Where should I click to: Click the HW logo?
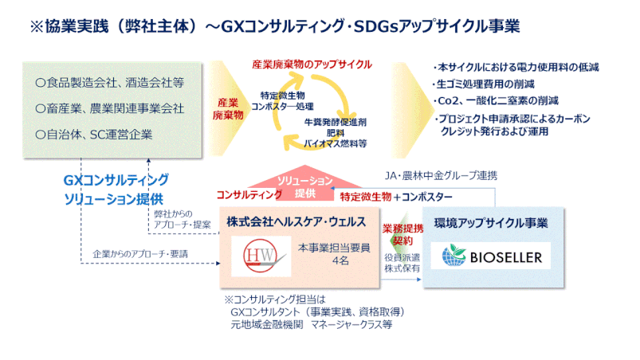click(261, 256)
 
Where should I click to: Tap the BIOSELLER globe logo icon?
click(453, 255)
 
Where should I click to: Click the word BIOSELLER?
click(506, 258)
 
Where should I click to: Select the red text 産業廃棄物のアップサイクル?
click(312, 65)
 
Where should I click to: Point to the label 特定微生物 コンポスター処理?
click(282, 101)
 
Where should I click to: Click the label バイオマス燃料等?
click(335, 143)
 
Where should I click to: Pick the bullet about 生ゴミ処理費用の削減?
click(483, 84)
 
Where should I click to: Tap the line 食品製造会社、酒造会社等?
click(110, 83)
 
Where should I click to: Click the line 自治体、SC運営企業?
click(94, 135)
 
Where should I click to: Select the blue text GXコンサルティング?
click(116, 180)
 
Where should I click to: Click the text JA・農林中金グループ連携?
click(441, 176)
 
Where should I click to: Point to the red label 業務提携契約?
click(402, 234)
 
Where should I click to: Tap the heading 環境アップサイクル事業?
click(491, 223)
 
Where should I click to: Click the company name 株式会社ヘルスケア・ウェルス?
click(296, 221)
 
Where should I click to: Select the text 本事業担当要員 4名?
click(334, 254)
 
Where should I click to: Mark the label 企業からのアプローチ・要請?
click(140, 254)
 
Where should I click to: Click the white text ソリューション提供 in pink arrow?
click(305, 186)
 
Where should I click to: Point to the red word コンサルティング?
click(249, 195)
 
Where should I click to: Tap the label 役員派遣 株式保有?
click(402, 263)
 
